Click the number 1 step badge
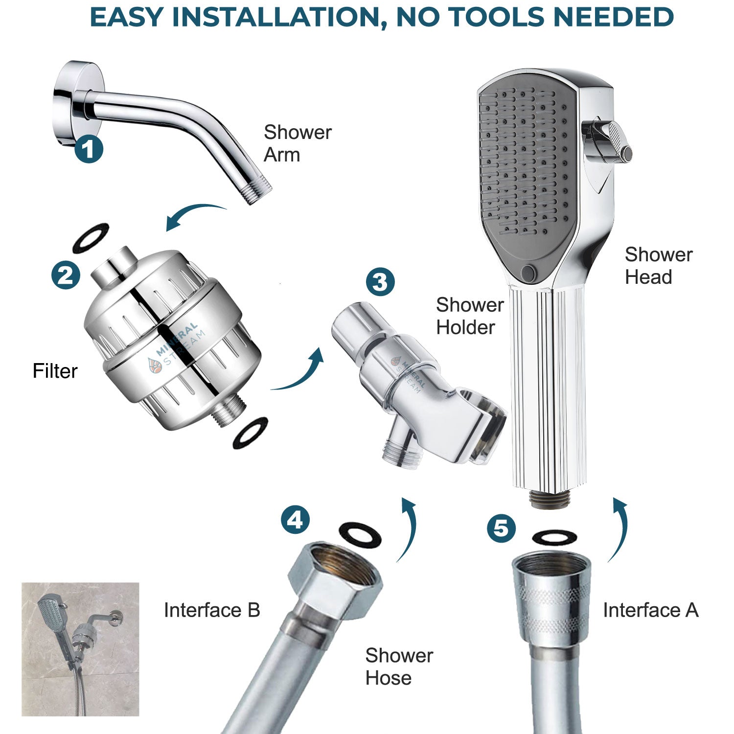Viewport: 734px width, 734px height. (89, 149)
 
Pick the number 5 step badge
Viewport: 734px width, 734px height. (501, 528)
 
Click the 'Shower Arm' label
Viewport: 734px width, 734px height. (298, 143)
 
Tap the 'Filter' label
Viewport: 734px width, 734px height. (55, 371)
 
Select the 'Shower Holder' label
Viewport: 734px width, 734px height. (469, 316)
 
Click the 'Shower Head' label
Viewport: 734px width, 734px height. (658, 265)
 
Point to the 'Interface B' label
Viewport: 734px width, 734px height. (212, 610)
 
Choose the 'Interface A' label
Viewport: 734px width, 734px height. (650, 610)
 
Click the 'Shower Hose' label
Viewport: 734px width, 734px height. (399, 666)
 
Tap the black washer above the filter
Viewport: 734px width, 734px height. (91, 238)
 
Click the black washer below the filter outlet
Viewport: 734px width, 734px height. (251, 433)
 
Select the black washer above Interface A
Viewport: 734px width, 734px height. (554, 538)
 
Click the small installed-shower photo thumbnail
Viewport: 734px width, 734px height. (80, 649)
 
